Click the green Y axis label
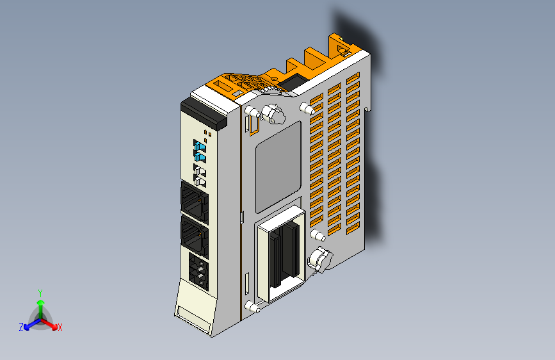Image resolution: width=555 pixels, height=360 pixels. [40, 292]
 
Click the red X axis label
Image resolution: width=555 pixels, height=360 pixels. [60, 328]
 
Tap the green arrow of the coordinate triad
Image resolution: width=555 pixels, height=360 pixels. [40, 306]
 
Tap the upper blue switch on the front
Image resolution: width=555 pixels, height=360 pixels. [200, 148]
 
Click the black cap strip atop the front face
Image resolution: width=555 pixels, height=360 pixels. [204, 111]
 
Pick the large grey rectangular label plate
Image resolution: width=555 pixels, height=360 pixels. [278, 166]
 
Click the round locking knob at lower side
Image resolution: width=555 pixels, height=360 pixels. [318, 259]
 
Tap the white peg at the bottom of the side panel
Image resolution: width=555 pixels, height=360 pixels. [252, 308]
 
